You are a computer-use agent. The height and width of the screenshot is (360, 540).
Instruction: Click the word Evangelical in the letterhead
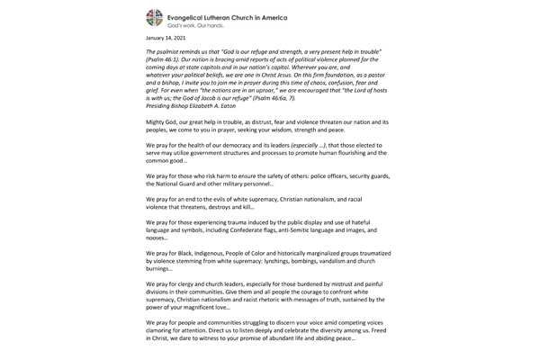pyautogui.click(x=197, y=14)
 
